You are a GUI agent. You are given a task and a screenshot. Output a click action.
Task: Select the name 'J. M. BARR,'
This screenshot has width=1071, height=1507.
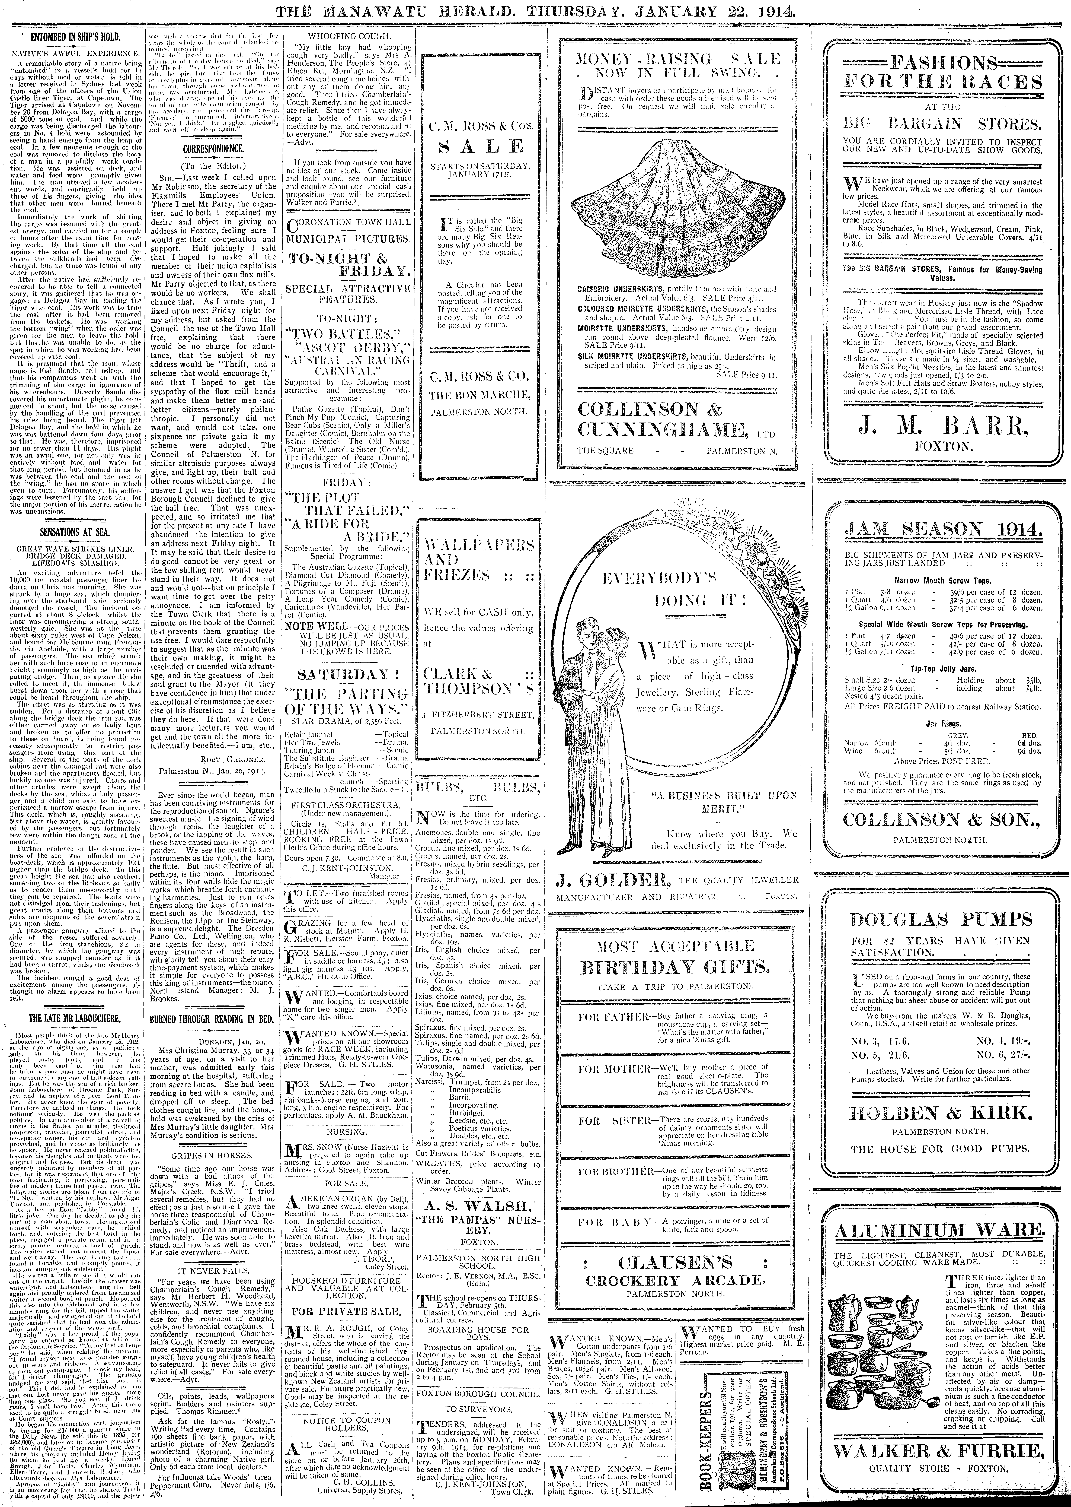pos(944,430)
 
